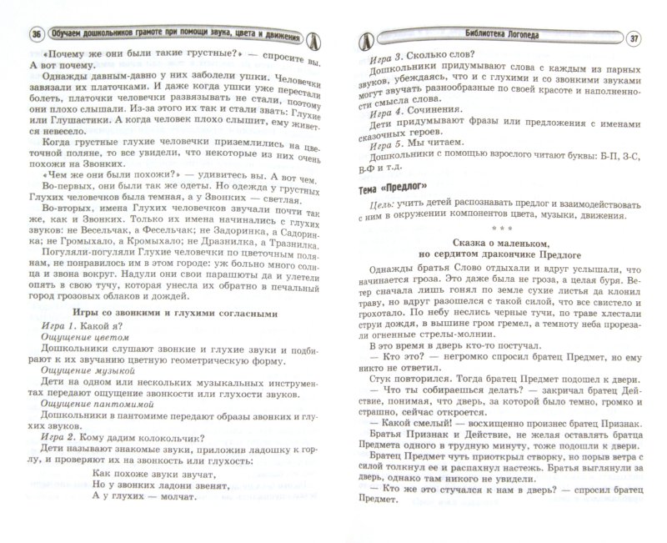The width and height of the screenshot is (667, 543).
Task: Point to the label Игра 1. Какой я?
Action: click(x=78, y=327)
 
